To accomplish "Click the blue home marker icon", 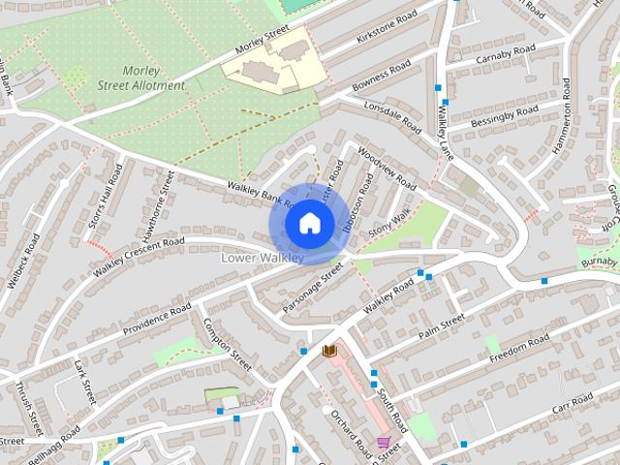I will (308, 224).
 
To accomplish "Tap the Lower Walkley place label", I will (263, 258).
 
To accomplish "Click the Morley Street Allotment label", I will (153, 78).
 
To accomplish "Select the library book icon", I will (329, 350).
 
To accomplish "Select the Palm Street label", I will (442, 326).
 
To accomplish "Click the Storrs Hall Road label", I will (105, 199).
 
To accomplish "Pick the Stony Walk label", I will (389, 220).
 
